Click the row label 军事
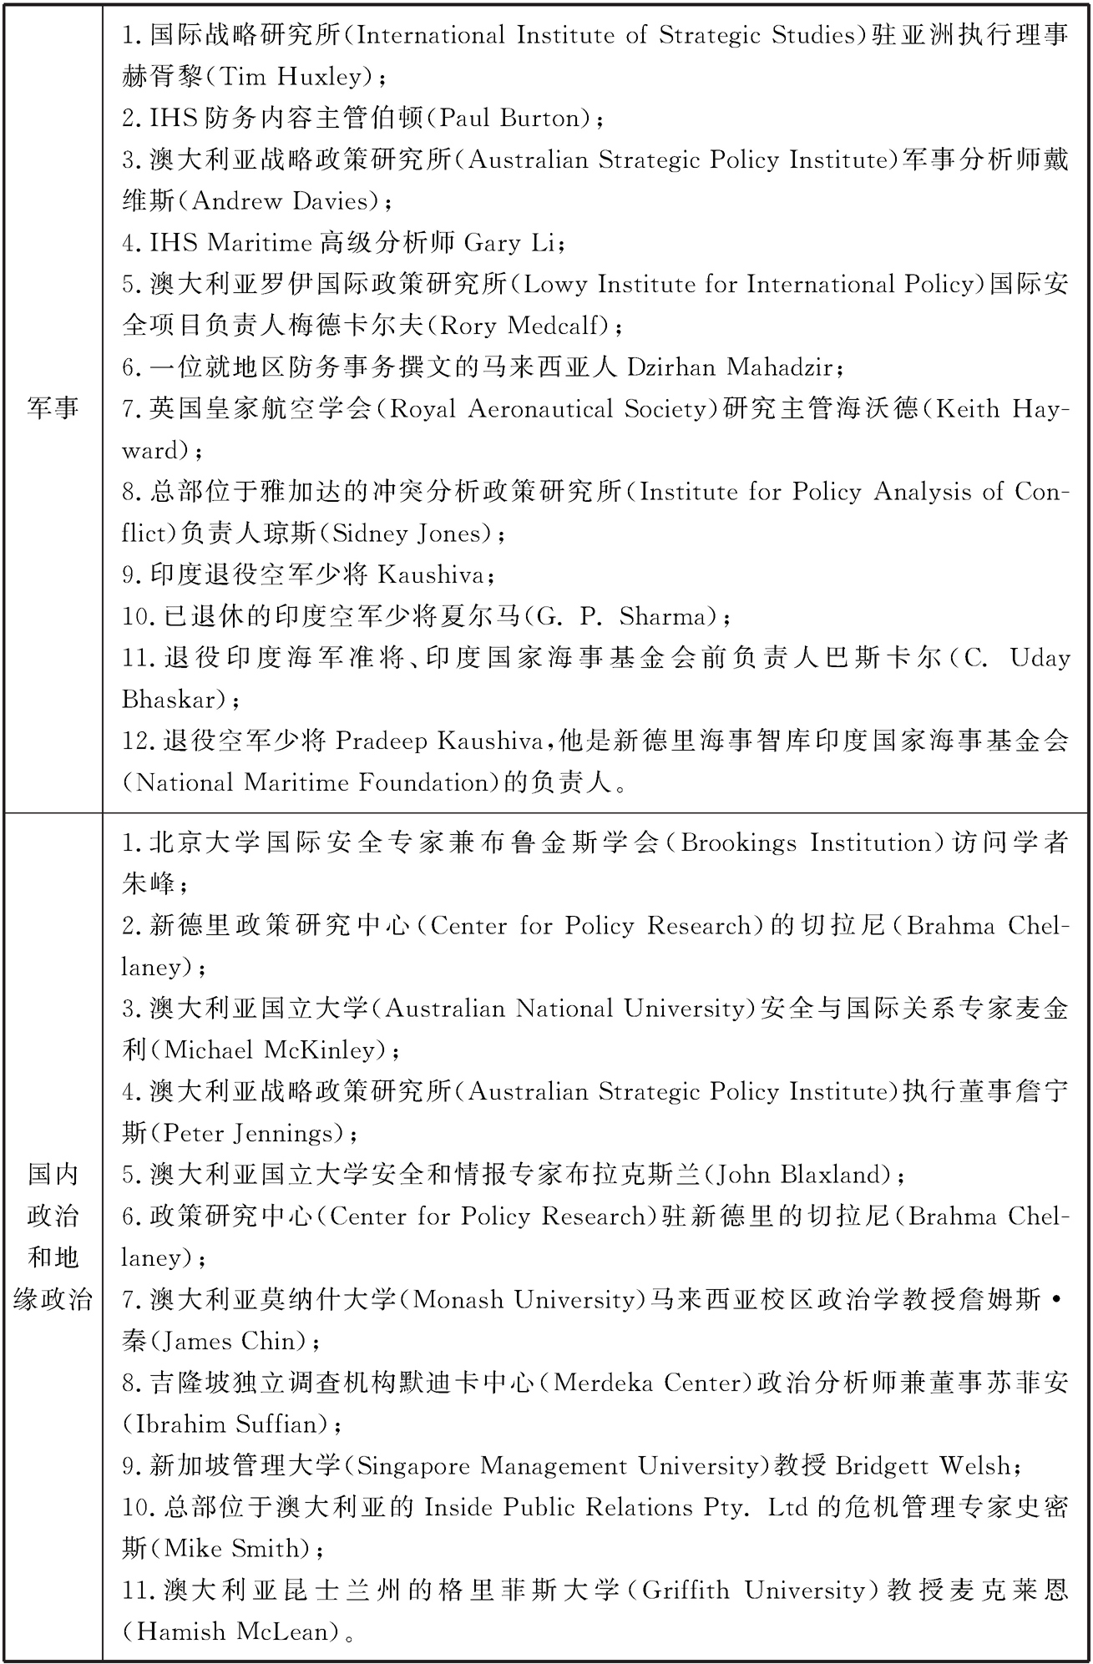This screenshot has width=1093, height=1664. click(x=53, y=408)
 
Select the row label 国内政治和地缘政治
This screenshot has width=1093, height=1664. click(x=53, y=1237)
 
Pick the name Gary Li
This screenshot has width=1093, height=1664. click(x=509, y=243)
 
